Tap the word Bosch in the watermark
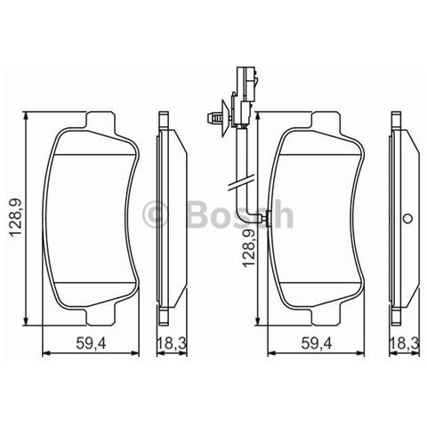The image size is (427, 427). tap(236, 213)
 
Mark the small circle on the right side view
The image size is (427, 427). tap(407, 219)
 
